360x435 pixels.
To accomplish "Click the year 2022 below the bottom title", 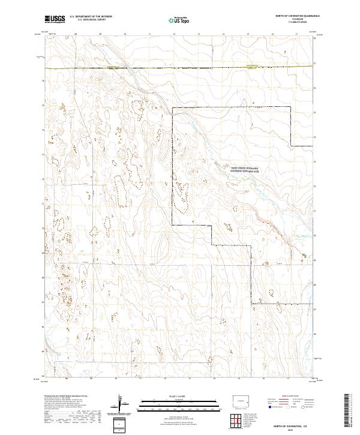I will click(x=290, y=429).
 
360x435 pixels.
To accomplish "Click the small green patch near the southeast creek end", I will click(x=304, y=256).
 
